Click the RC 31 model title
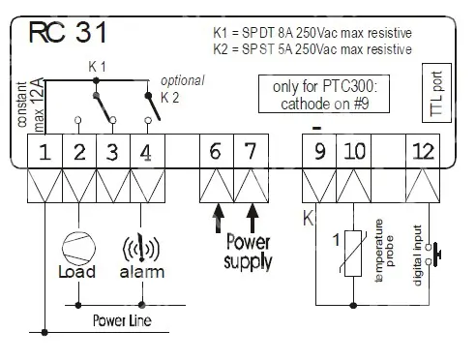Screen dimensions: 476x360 [x=68, y=32]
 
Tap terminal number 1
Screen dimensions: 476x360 [x=45, y=151]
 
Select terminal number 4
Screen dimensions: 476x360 [x=147, y=151]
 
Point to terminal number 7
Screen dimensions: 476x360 [x=251, y=151]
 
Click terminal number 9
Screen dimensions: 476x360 [x=319, y=151]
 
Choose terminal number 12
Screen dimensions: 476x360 [x=423, y=151]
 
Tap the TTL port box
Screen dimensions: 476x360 [x=436, y=93]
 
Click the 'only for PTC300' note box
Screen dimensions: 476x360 [x=324, y=94]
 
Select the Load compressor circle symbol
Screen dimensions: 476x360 [x=78, y=249]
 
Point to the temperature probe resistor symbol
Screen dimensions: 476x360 [x=353, y=254]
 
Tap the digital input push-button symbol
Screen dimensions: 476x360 [x=433, y=255]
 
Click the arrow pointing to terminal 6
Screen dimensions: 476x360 [x=219, y=218]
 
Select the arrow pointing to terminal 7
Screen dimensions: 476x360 [x=253, y=218]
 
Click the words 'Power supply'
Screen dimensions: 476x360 [x=248, y=252]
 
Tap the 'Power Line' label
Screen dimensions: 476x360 [x=122, y=320]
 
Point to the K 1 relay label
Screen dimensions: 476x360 [x=97, y=67]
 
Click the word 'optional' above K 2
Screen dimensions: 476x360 [x=183, y=80]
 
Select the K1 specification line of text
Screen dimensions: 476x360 [x=312, y=33]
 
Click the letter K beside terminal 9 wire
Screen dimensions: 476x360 [x=308, y=218]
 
